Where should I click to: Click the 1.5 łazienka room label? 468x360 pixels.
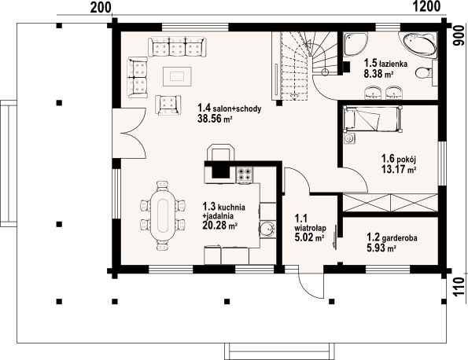(384, 63)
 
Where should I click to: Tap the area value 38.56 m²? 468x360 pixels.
(215, 120)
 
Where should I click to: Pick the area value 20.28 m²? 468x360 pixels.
(221, 225)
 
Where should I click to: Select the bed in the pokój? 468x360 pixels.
(374, 120)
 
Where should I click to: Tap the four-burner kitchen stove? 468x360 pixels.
(244, 174)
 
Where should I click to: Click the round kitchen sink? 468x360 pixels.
(267, 230)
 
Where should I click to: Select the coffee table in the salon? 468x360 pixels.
(178, 75)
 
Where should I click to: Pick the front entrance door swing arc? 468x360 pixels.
(313, 288)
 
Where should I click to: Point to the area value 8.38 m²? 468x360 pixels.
(378, 75)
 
